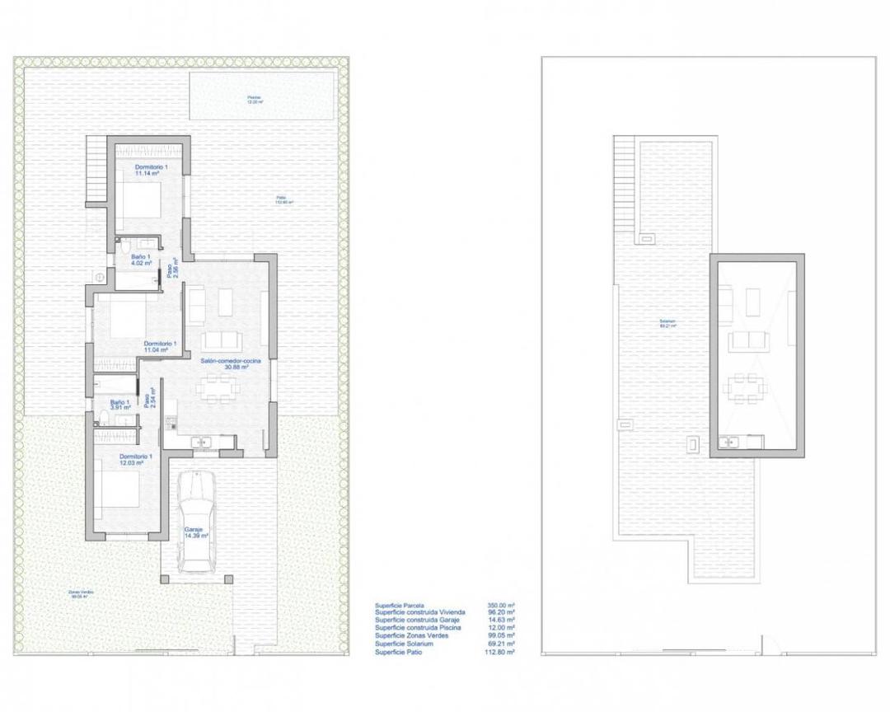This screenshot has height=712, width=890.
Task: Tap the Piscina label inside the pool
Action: tap(255, 100)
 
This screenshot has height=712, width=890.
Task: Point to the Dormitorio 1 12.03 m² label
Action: tap(135, 460)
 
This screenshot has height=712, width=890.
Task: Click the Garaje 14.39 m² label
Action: tap(195, 532)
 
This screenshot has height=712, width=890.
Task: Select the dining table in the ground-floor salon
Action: tap(219, 389)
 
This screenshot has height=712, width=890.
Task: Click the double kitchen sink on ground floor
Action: tap(202, 443)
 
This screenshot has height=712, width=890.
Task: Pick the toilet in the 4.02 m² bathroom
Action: tap(124, 246)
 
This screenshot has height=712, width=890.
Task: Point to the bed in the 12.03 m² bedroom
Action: tap(121, 492)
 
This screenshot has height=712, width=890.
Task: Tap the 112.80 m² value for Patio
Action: tap(499, 651)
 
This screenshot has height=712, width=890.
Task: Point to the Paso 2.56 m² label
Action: tap(172, 269)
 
